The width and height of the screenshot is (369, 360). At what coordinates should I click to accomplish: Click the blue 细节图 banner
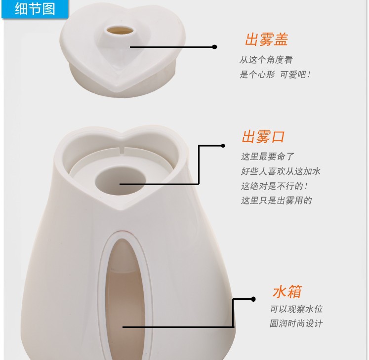click(35, 9)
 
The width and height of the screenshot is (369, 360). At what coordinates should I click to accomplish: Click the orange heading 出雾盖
click(267, 40)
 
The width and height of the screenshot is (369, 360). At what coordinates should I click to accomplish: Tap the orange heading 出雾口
click(264, 136)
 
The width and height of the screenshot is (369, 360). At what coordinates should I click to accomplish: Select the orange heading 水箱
click(287, 291)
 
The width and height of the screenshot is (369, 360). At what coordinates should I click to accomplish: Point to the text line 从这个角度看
click(266, 60)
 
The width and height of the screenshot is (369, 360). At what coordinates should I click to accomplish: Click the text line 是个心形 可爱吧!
click(275, 75)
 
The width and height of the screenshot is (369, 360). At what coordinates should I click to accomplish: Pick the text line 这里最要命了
click(268, 157)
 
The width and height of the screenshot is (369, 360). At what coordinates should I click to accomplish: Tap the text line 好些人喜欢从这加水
click(281, 171)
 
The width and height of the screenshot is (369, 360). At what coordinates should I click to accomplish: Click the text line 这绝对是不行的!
click(274, 186)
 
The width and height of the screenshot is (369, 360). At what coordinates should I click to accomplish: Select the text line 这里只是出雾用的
click(277, 200)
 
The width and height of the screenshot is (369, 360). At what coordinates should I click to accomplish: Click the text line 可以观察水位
click(296, 309)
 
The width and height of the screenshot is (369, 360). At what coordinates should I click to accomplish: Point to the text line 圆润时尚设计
click(296, 323)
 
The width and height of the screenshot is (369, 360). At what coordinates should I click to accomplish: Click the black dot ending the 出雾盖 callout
click(214, 47)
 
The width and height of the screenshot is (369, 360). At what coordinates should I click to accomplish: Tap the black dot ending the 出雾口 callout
click(223, 146)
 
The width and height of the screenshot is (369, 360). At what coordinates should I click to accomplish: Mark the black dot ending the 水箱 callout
click(253, 299)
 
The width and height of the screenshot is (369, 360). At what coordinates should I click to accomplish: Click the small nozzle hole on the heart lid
click(120, 30)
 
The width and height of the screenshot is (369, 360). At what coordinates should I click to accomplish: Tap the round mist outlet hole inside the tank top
click(120, 180)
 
